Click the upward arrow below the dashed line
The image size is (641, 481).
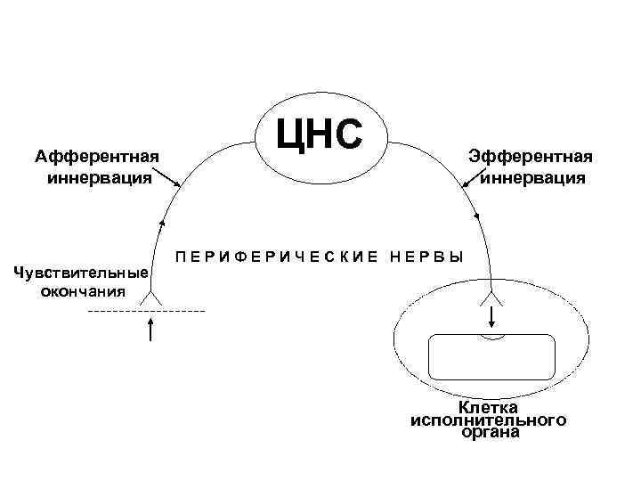tap(151, 330)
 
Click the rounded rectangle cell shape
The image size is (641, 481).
tap(492, 356)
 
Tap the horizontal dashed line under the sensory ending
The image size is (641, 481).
tap(146, 310)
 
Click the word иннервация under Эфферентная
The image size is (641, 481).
tap(532, 177)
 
